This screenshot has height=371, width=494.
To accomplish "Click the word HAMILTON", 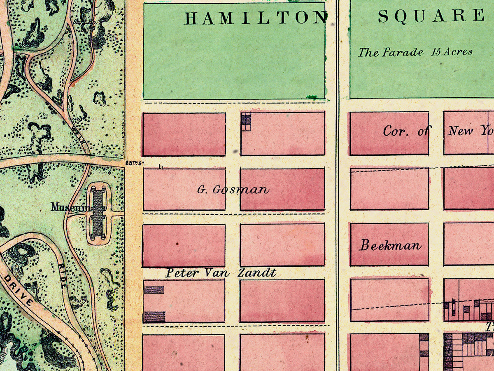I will pos(255,18).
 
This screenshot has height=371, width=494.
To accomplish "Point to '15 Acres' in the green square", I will pos(452,52).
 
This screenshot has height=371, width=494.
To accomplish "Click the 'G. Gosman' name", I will pos(233,190).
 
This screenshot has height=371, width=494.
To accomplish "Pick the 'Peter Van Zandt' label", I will pos(221,273).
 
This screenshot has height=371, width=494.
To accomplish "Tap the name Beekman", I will pos(390,246).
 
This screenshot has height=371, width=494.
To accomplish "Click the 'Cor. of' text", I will pos(405,131).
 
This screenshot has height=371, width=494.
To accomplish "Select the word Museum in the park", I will pos(70,207).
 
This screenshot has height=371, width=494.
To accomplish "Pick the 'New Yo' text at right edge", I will pos(471,131).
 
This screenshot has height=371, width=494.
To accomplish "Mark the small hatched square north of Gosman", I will pos(246,120).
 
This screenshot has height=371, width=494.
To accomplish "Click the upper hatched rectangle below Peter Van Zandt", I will pos(154,290).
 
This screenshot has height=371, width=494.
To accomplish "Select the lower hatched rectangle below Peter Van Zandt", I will pos(154,317).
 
